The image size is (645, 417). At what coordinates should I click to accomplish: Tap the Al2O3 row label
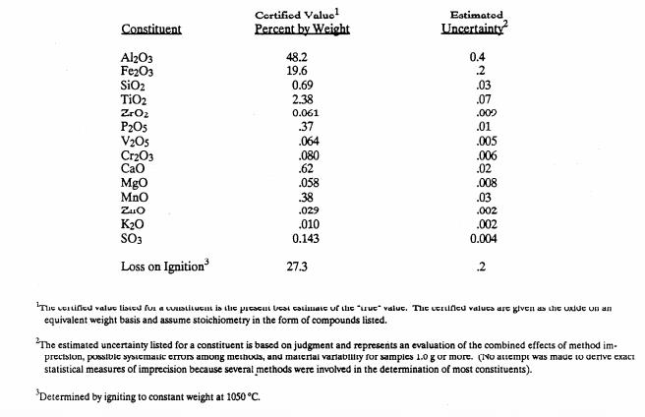pyautogui.click(x=136, y=58)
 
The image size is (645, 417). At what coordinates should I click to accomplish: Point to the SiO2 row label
pyautogui.click(x=133, y=87)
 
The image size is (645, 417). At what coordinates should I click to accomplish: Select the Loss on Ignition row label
pyautogui.click(x=164, y=265)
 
